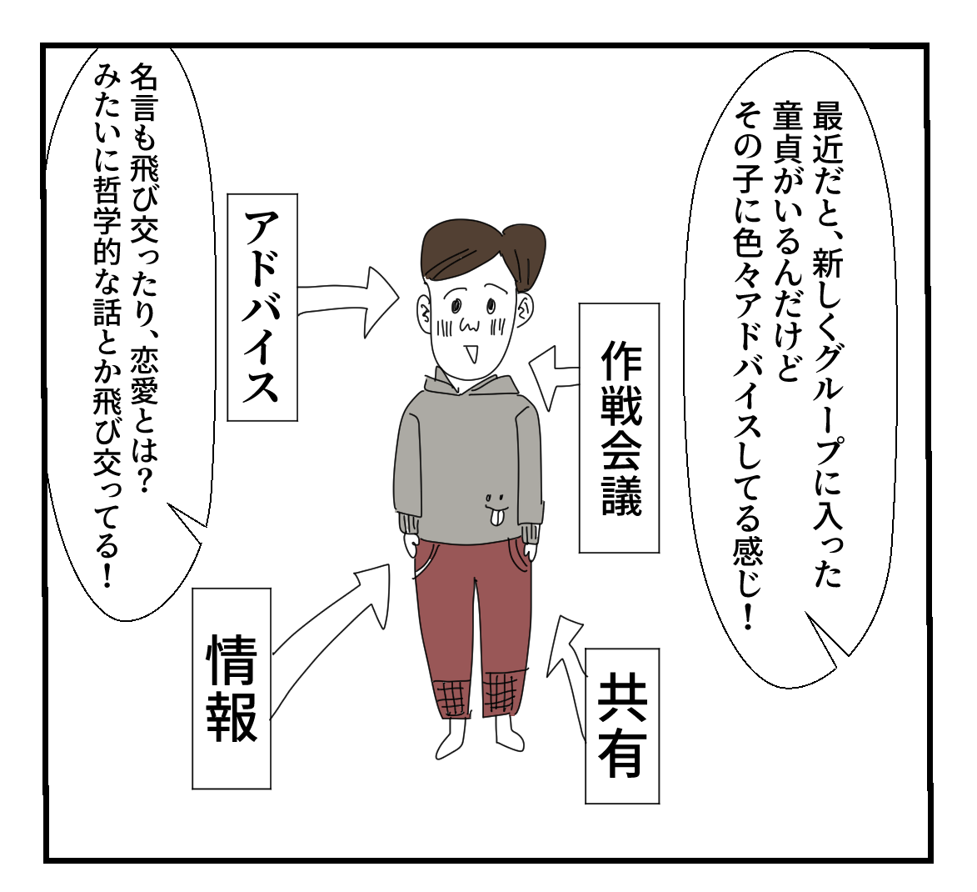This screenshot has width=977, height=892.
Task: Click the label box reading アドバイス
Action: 262,307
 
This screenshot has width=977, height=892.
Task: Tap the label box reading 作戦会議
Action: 619,428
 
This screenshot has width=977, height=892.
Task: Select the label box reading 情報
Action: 232,688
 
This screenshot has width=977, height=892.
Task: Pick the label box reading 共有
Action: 621,725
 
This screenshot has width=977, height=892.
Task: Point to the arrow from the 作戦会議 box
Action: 553,373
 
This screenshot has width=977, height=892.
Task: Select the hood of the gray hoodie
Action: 471,388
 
